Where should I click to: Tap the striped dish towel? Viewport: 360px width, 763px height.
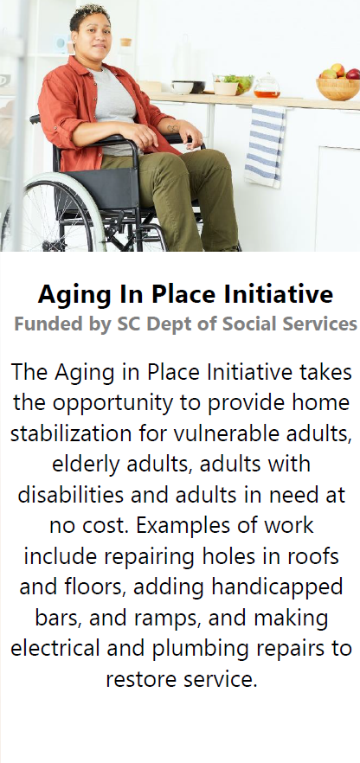point(265,146)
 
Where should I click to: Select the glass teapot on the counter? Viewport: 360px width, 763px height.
point(267,86)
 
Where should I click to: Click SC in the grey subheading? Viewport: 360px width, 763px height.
point(127,324)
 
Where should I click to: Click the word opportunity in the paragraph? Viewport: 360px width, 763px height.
point(119,404)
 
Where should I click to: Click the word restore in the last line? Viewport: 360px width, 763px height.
point(140,679)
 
